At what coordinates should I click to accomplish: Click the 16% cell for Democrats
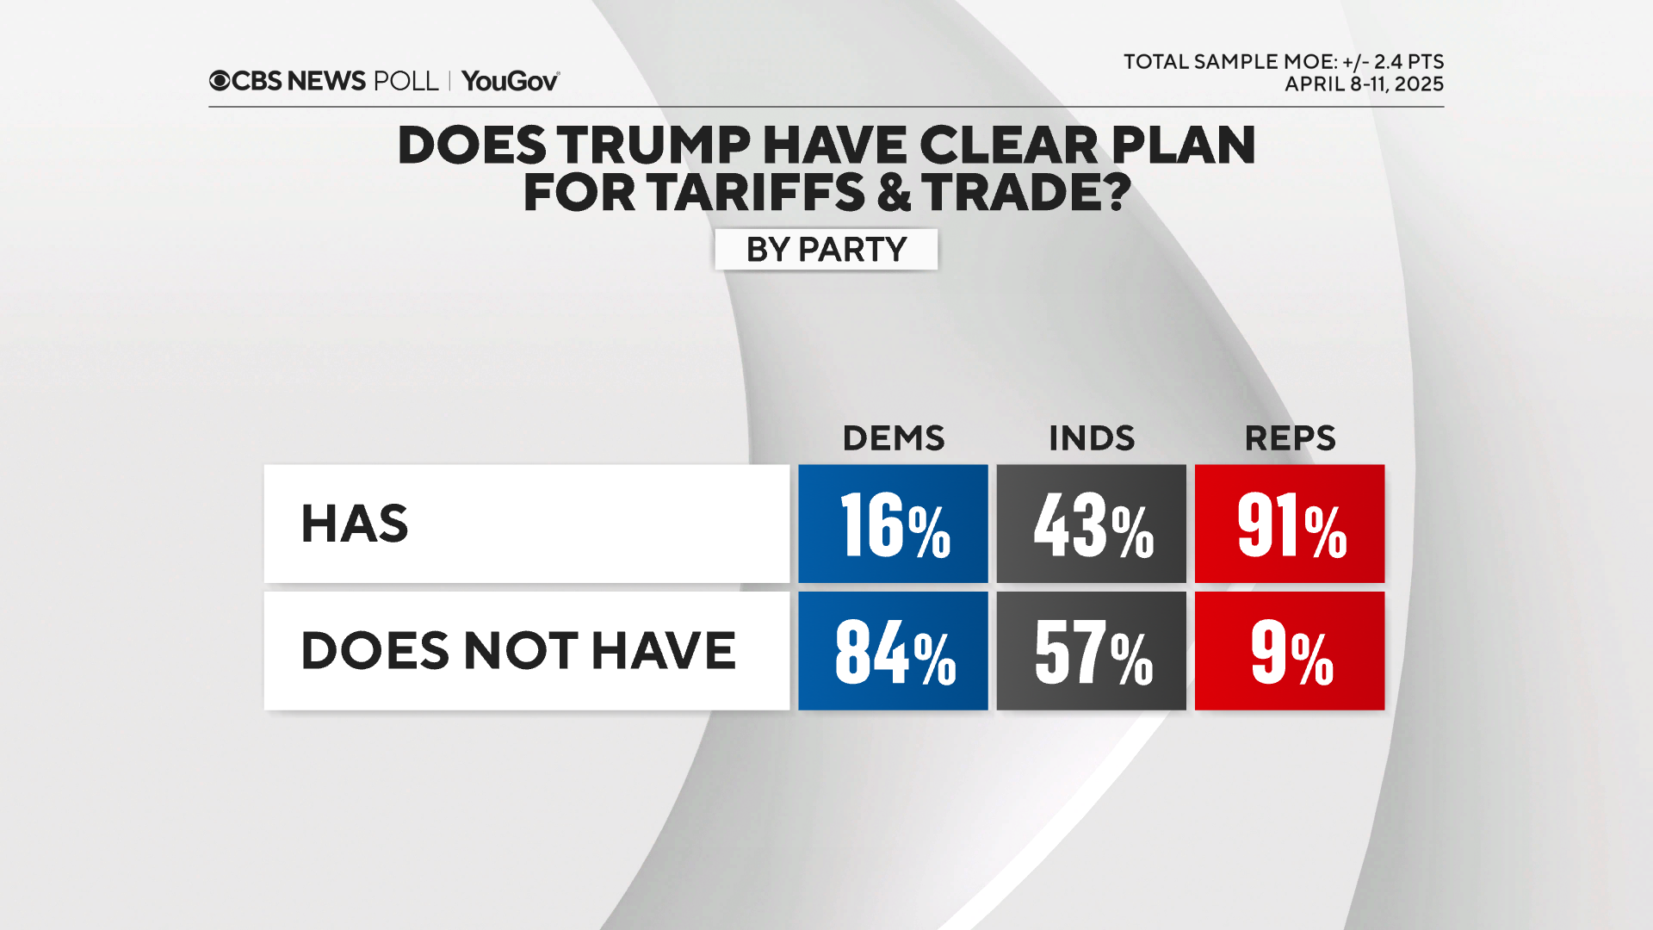click(x=893, y=524)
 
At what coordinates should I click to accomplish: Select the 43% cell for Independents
click(x=1091, y=524)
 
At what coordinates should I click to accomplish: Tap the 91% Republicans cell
click(x=1290, y=524)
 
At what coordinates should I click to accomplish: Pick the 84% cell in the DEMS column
click(x=893, y=651)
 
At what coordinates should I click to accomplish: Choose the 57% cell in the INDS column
click(x=1091, y=651)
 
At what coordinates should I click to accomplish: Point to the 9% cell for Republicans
click(x=1290, y=651)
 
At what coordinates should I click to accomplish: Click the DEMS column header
click(x=893, y=438)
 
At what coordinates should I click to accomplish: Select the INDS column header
click(x=1091, y=438)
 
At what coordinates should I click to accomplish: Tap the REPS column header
click(x=1290, y=438)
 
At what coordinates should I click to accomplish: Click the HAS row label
click(x=354, y=524)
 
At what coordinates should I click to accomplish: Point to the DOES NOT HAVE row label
click(x=517, y=651)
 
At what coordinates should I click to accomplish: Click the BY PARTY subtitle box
click(x=826, y=250)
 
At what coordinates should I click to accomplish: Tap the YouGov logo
click(x=511, y=81)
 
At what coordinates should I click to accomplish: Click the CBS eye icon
click(x=220, y=81)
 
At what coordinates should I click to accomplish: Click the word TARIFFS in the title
click(x=756, y=192)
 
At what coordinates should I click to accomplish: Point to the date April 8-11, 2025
click(x=1364, y=84)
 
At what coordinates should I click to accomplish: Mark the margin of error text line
click(x=1283, y=62)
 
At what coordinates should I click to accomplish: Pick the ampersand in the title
click(x=894, y=192)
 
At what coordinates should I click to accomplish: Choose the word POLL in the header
click(x=406, y=81)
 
